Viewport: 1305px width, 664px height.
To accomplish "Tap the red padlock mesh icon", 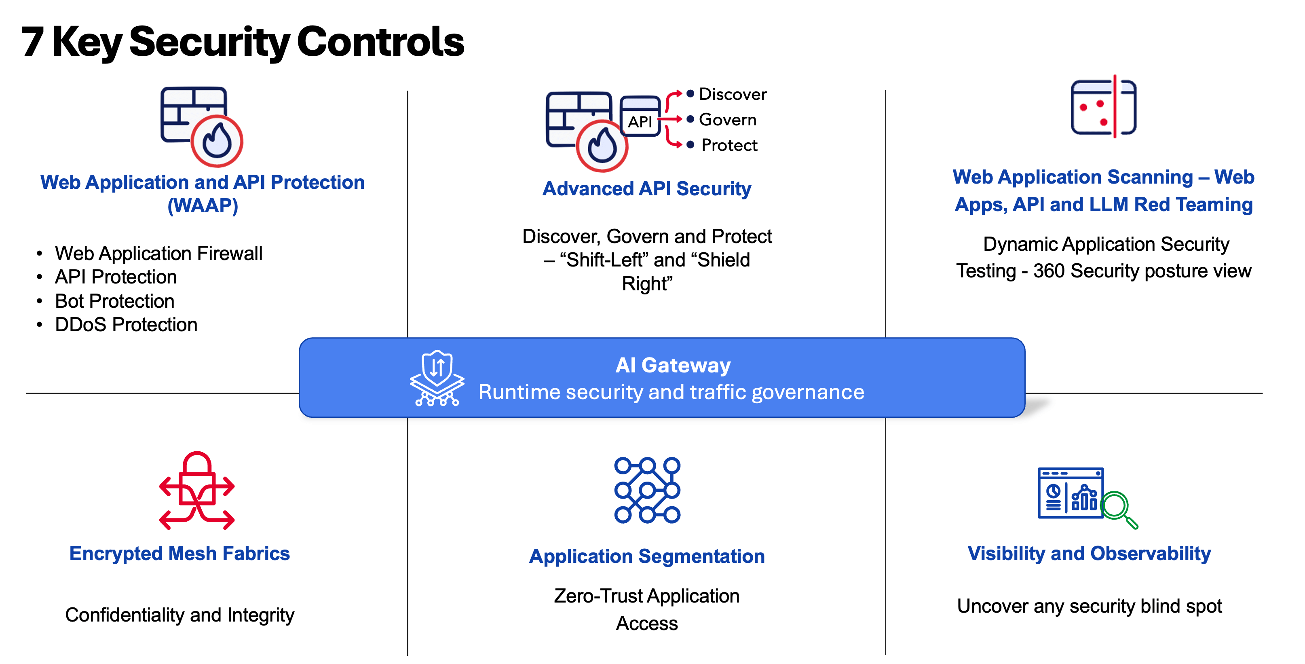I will pos(196,490).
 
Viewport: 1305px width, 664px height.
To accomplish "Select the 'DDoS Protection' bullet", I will pos(126,325).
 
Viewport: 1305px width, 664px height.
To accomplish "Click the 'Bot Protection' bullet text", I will pos(114,301).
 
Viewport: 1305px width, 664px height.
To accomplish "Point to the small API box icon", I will pos(640,116).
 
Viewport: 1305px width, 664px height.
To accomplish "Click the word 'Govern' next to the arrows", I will pos(727,120).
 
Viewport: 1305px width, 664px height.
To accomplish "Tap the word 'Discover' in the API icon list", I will pos(733,94).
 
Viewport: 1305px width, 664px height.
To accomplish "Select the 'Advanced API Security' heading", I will pos(646,188).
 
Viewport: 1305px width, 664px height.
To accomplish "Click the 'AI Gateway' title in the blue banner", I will pos(673,365).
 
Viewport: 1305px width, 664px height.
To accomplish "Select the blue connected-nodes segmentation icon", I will pos(647,490).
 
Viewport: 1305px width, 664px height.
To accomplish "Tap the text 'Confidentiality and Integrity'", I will pos(179,615).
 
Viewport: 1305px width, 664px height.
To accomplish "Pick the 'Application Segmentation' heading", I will pos(646,556).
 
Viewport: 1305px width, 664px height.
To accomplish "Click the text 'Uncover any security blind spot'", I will pos(1089,606).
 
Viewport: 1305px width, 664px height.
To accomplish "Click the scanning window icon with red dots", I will pos(1103,108).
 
